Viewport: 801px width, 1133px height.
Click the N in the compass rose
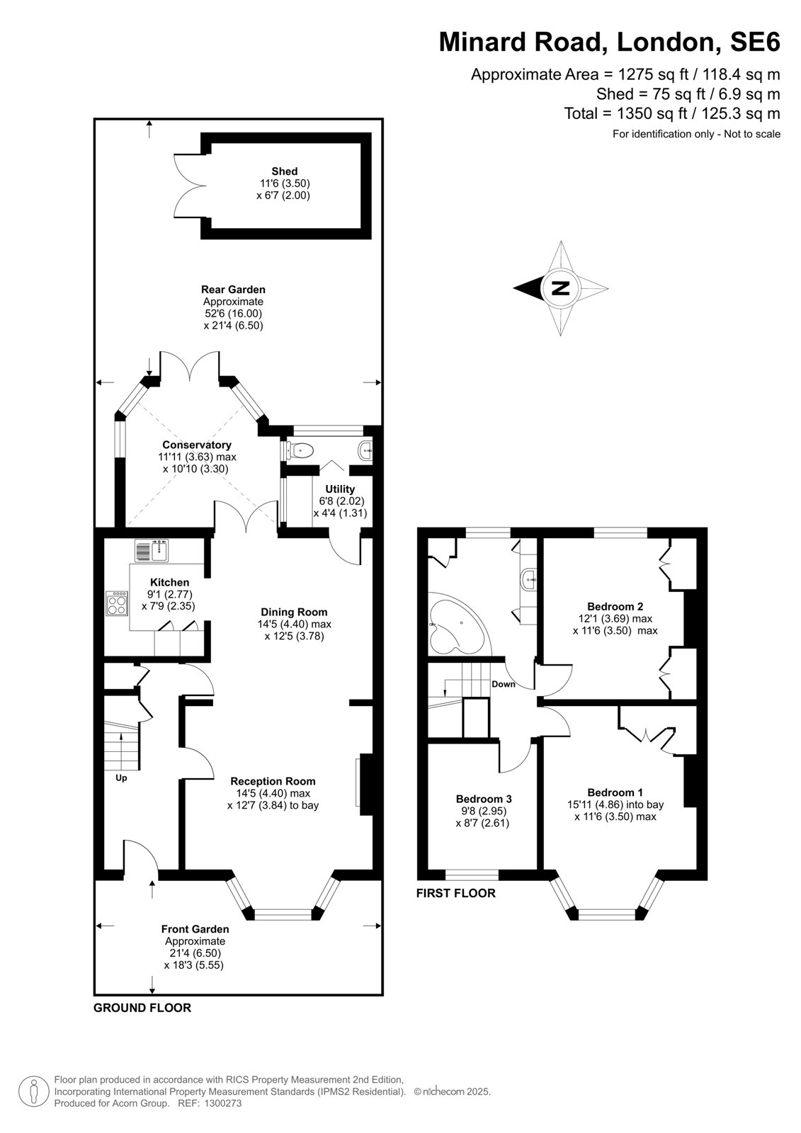560,288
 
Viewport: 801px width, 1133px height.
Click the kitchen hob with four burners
117,603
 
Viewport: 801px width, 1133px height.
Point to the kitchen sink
152,551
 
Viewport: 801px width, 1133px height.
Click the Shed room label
285,171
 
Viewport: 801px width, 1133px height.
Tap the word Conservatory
197,445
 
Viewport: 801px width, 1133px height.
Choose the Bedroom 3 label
484,799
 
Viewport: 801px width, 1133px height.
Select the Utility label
340,489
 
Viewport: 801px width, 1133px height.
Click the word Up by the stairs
121,778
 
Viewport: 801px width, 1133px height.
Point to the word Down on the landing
504,684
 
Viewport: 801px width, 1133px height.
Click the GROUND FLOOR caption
142,1008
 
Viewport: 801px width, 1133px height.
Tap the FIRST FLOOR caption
456,894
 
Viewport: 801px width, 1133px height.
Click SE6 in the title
755,42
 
